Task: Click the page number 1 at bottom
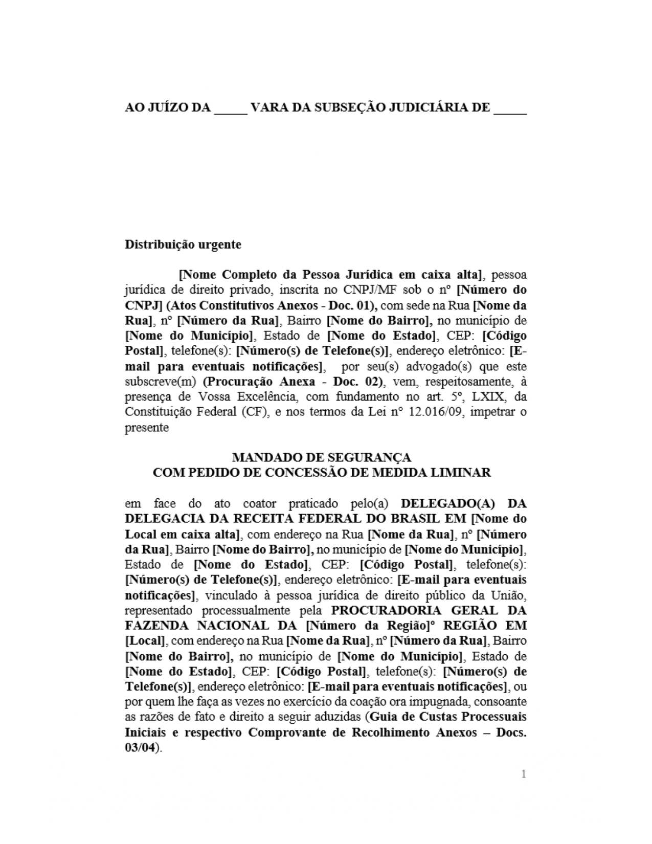523,774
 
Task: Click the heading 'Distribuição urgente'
183,245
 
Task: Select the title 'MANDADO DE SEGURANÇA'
322,457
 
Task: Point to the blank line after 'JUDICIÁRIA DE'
510,108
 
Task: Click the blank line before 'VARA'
230,108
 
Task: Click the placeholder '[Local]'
145,641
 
